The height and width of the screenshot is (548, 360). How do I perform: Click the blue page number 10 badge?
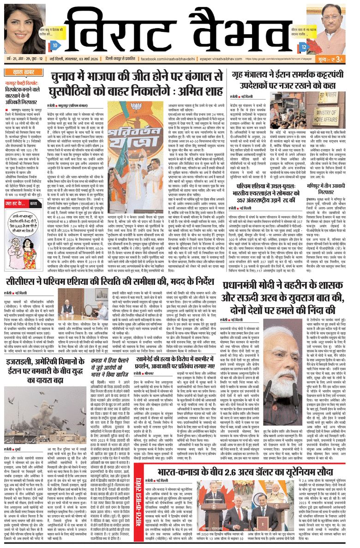coord(55,46)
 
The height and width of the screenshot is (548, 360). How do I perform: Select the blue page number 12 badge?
coord(303,47)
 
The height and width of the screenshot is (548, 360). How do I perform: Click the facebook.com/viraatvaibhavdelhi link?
coord(174,60)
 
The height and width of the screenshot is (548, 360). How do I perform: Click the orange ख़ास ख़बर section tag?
coord(21,71)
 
